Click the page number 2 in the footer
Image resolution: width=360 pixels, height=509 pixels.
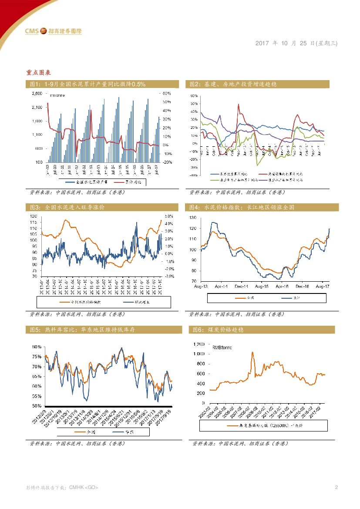click(x=336, y=487)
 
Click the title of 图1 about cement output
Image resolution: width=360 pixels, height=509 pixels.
click(x=87, y=84)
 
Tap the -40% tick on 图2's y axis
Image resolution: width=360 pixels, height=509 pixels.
click(x=194, y=175)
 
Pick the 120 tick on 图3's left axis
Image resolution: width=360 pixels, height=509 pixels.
click(x=34, y=216)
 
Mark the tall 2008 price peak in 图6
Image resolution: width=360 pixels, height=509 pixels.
click(x=252, y=352)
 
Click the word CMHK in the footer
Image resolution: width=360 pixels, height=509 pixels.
click(x=76, y=487)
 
